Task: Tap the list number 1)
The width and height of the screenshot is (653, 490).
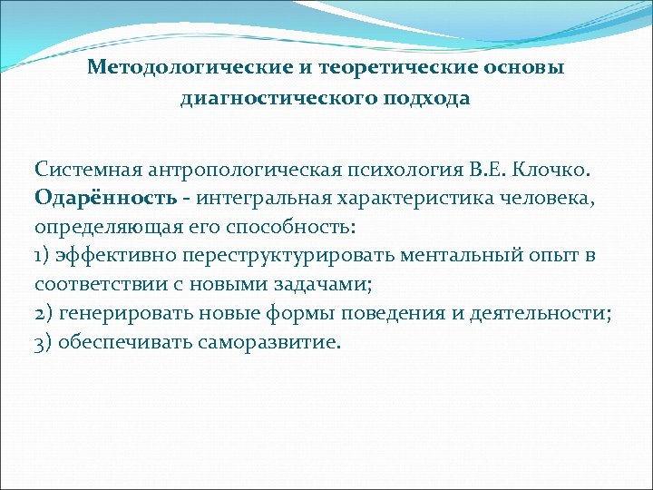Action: [x=44, y=256]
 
